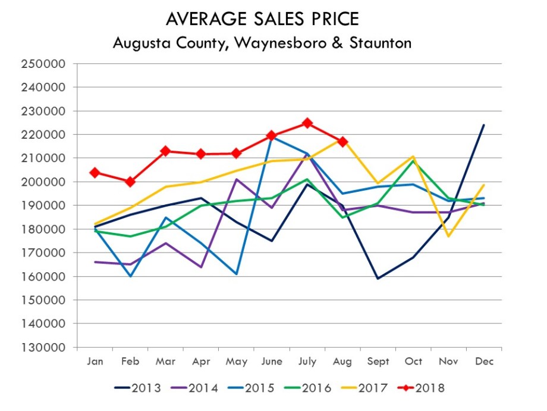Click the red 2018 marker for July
click(307, 123)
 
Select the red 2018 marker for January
click(95, 173)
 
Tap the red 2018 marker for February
click(130, 182)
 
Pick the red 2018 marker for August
click(342, 142)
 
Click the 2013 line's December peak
click(484, 125)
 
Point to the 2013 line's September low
click(378, 278)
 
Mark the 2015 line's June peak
click(272, 137)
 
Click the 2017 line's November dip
click(449, 236)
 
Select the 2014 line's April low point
click(201, 267)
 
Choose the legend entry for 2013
click(138, 388)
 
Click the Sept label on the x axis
click(378, 362)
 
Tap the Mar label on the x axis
click(165, 362)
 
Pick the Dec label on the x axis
click(484, 362)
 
